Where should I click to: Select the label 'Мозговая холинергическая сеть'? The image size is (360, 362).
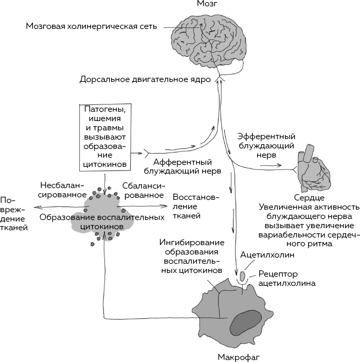[x=92, y=26]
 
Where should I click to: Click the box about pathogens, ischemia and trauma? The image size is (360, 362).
[x=105, y=137]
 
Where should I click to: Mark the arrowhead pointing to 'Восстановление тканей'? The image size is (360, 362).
[x=164, y=205]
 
